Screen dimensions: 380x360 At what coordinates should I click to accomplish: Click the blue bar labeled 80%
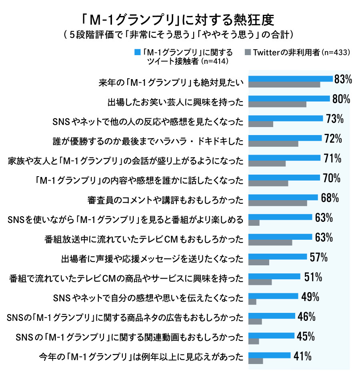(x=289, y=98)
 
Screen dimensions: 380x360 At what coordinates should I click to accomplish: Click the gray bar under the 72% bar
(x=273, y=144)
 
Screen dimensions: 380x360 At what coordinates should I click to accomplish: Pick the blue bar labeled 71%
(x=284, y=158)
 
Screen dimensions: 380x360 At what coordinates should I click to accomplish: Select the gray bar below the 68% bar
(x=278, y=203)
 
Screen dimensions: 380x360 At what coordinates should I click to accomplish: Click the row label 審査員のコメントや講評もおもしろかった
(x=165, y=200)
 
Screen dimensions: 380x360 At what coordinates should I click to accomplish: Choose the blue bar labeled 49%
(x=273, y=296)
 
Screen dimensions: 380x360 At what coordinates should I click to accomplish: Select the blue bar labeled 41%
(x=269, y=355)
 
